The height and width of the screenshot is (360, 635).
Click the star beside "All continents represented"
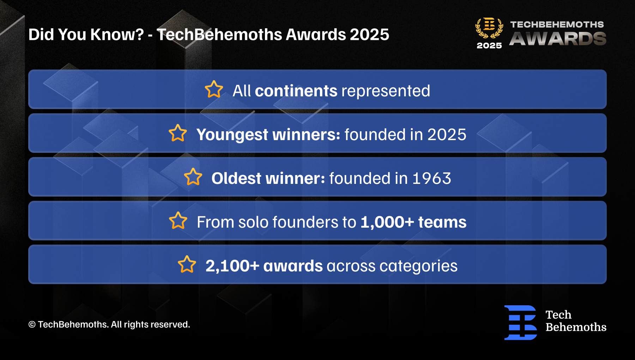tap(214, 89)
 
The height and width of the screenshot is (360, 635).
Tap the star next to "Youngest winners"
tap(178, 133)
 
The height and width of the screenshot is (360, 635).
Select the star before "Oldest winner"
tap(193, 177)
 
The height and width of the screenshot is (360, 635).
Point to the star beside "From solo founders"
tap(178, 221)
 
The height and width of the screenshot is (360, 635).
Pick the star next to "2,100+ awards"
tap(187, 264)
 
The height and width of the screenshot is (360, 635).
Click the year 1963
tap(432, 178)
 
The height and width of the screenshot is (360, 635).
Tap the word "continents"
tap(296, 91)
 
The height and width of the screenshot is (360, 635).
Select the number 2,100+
tap(232, 266)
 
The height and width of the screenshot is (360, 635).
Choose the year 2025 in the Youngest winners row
tap(447, 134)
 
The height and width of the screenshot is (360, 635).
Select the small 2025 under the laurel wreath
tap(489, 46)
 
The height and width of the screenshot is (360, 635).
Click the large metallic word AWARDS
tap(558, 39)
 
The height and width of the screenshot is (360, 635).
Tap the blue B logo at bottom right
tap(521, 323)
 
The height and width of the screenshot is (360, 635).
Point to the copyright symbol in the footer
tap(32, 324)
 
